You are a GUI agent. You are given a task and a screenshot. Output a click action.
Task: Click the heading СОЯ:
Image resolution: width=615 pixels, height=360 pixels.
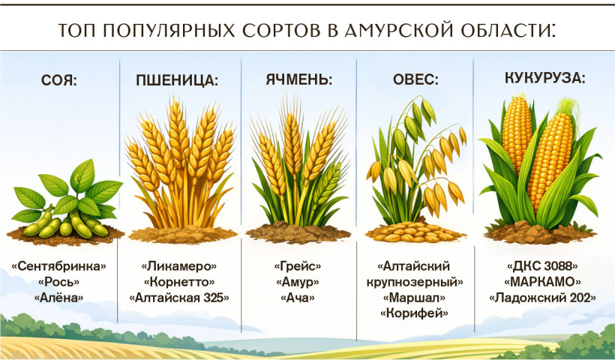click(x=59, y=81)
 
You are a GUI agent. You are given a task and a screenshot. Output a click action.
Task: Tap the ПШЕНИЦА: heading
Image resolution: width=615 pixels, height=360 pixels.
click(x=177, y=80)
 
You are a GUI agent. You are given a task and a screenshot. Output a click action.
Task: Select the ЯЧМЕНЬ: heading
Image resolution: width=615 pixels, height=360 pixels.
click(x=299, y=79)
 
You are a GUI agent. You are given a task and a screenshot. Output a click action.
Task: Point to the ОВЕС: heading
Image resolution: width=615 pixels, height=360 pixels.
click(x=415, y=79)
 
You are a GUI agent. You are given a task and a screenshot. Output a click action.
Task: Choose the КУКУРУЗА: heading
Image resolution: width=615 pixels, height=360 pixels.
click(x=544, y=78)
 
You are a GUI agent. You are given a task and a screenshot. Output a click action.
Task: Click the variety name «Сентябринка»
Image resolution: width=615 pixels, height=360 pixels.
click(x=58, y=266)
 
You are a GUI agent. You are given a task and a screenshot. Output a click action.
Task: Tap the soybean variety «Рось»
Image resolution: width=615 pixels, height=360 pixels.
click(x=58, y=282)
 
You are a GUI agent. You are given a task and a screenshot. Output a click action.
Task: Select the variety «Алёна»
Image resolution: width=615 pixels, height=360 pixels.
click(x=58, y=298)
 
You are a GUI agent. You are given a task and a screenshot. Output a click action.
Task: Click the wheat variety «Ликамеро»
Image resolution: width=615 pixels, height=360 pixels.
click(x=178, y=266)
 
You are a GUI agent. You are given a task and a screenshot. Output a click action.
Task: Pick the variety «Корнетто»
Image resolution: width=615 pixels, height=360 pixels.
click(x=178, y=282)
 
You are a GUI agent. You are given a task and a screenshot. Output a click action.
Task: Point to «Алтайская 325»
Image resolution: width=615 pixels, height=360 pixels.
click(x=178, y=298)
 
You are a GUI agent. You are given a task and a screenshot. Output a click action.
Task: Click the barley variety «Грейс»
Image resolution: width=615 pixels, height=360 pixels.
click(x=298, y=266)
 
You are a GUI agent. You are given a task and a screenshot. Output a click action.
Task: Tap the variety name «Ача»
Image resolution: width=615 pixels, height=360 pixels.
click(x=298, y=298)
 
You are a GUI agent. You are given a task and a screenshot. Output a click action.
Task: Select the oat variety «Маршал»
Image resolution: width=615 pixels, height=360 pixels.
click(x=414, y=298)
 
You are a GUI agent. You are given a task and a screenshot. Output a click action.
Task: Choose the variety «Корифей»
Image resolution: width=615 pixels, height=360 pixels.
click(x=414, y=313)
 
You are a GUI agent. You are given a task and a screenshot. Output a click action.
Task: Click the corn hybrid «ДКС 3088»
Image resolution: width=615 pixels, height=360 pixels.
click(x=542, y=266)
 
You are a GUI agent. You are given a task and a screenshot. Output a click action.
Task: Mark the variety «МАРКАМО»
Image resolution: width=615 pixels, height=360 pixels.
click(x=542, y=282)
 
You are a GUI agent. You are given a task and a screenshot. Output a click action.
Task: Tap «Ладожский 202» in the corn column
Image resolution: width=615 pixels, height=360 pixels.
click(x=542, y=298)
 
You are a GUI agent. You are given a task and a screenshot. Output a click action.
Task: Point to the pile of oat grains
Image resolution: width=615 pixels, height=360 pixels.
click(x=415, y=232)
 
